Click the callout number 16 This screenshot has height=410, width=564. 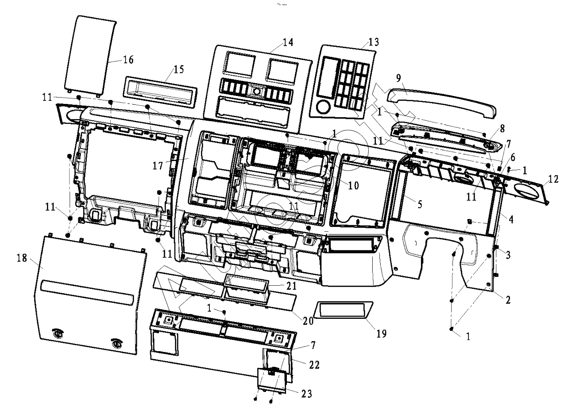pos(128,60)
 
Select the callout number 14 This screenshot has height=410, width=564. pos(288,42)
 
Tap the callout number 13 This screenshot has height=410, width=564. pos(374,42)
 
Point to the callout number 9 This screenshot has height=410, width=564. pos(398,78)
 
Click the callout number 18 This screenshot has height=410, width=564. pos(22,258)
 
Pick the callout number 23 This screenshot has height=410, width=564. pos(307,394)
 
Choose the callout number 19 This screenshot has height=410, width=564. pos(381,334)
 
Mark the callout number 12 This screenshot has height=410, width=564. pos(553,179)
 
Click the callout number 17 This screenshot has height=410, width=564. pos(158,166)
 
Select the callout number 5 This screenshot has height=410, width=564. pos(420,204)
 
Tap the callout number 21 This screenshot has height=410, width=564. pos(291,286)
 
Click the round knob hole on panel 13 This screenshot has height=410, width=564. pos(323,107)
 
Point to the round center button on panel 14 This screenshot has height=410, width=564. pos(257,91)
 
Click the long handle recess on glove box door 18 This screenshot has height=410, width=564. pos(87,293)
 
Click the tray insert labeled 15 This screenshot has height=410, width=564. pos(160,92)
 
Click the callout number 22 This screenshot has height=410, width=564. pos(314,365)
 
